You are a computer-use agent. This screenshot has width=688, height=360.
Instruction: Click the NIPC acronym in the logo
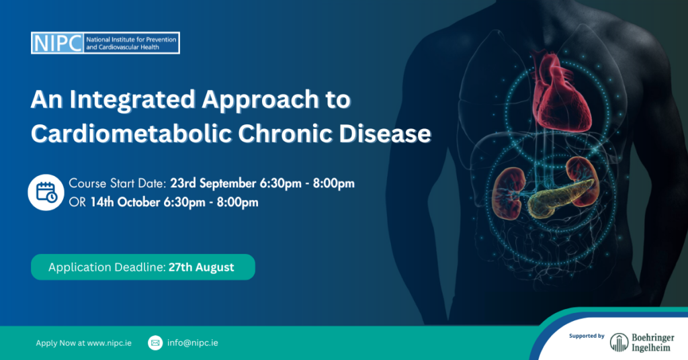pos(58,43)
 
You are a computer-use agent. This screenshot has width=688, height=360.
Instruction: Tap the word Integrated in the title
pos(132,99)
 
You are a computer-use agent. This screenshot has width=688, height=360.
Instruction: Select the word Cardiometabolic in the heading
pos(131,133)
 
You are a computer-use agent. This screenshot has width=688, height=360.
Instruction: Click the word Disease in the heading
pos(385,133)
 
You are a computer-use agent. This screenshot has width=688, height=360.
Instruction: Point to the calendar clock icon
pos(46,192)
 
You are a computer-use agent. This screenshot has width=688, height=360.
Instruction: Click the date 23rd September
pos(213,183)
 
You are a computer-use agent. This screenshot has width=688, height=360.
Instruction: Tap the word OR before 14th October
pos(77,202)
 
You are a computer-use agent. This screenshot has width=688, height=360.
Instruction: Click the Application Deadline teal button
pos(143,267)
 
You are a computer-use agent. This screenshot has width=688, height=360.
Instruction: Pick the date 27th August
pos(202,267)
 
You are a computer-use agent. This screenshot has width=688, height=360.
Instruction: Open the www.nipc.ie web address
pos(110,343)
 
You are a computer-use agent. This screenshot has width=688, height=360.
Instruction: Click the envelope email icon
pos(155,343)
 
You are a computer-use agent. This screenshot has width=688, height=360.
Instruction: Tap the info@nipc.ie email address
pos(193,343)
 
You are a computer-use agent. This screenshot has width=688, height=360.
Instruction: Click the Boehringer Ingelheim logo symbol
pos(619,342)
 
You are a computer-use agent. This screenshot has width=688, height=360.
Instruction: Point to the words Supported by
pos(587,336)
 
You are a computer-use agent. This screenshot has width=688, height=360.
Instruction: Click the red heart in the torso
pos(560,93)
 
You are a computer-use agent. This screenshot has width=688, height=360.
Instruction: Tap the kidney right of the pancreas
pos(583,180)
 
